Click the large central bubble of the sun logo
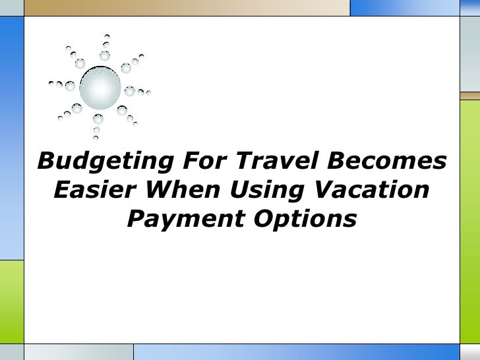tap(100, 87)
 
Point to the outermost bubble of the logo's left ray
tap(51, 84)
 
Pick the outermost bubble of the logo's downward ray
tap(96, 138)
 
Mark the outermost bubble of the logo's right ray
tap(149, 93)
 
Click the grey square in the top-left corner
tap(11, 7)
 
